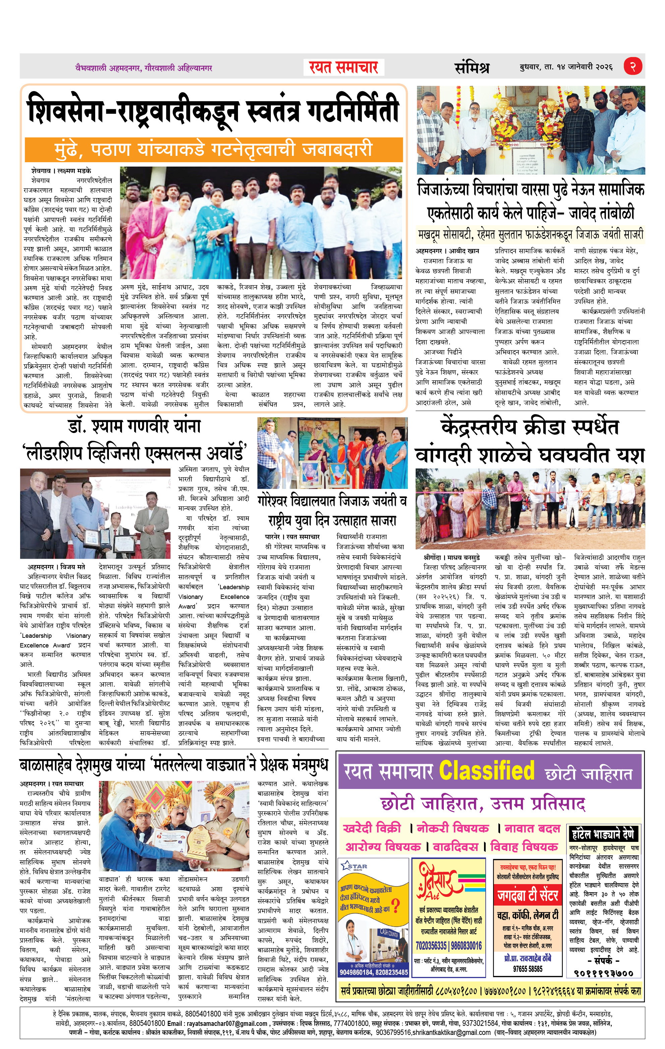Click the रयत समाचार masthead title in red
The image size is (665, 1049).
coord(344,67)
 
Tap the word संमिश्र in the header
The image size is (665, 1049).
coord(472,67)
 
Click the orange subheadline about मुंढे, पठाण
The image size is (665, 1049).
coord(214,149)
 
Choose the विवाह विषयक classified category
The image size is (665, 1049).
coord(524,847)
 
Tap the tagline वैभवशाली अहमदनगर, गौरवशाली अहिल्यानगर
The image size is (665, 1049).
coord(143,68)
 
